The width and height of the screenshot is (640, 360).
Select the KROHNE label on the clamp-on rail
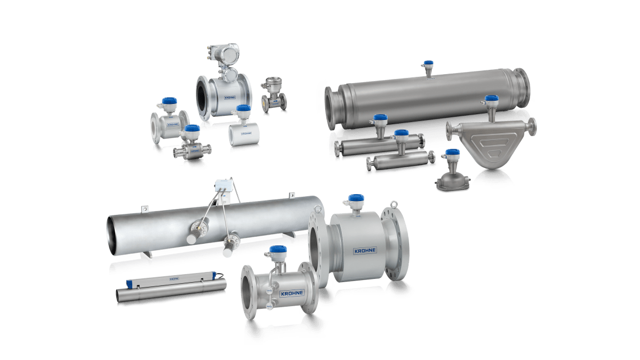click(173, 278)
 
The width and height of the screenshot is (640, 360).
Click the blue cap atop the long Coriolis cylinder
click(427, 65)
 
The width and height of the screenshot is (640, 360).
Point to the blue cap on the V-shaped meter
click(491, 99)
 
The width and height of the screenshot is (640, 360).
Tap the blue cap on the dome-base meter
click(452, 154)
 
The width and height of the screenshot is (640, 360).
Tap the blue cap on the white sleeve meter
click(243, 109)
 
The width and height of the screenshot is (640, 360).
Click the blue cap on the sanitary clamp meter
click(191, 129)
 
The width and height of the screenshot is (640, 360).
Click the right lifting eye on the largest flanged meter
click(394, 203)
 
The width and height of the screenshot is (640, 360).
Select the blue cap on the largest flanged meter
click(355, 199)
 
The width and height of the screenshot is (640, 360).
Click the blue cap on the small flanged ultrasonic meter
click(278, 250)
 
